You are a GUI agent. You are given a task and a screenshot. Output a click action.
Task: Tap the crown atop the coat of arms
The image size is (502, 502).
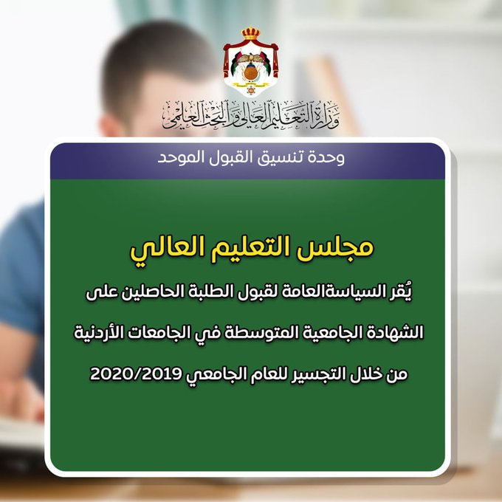tap(251, 34)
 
